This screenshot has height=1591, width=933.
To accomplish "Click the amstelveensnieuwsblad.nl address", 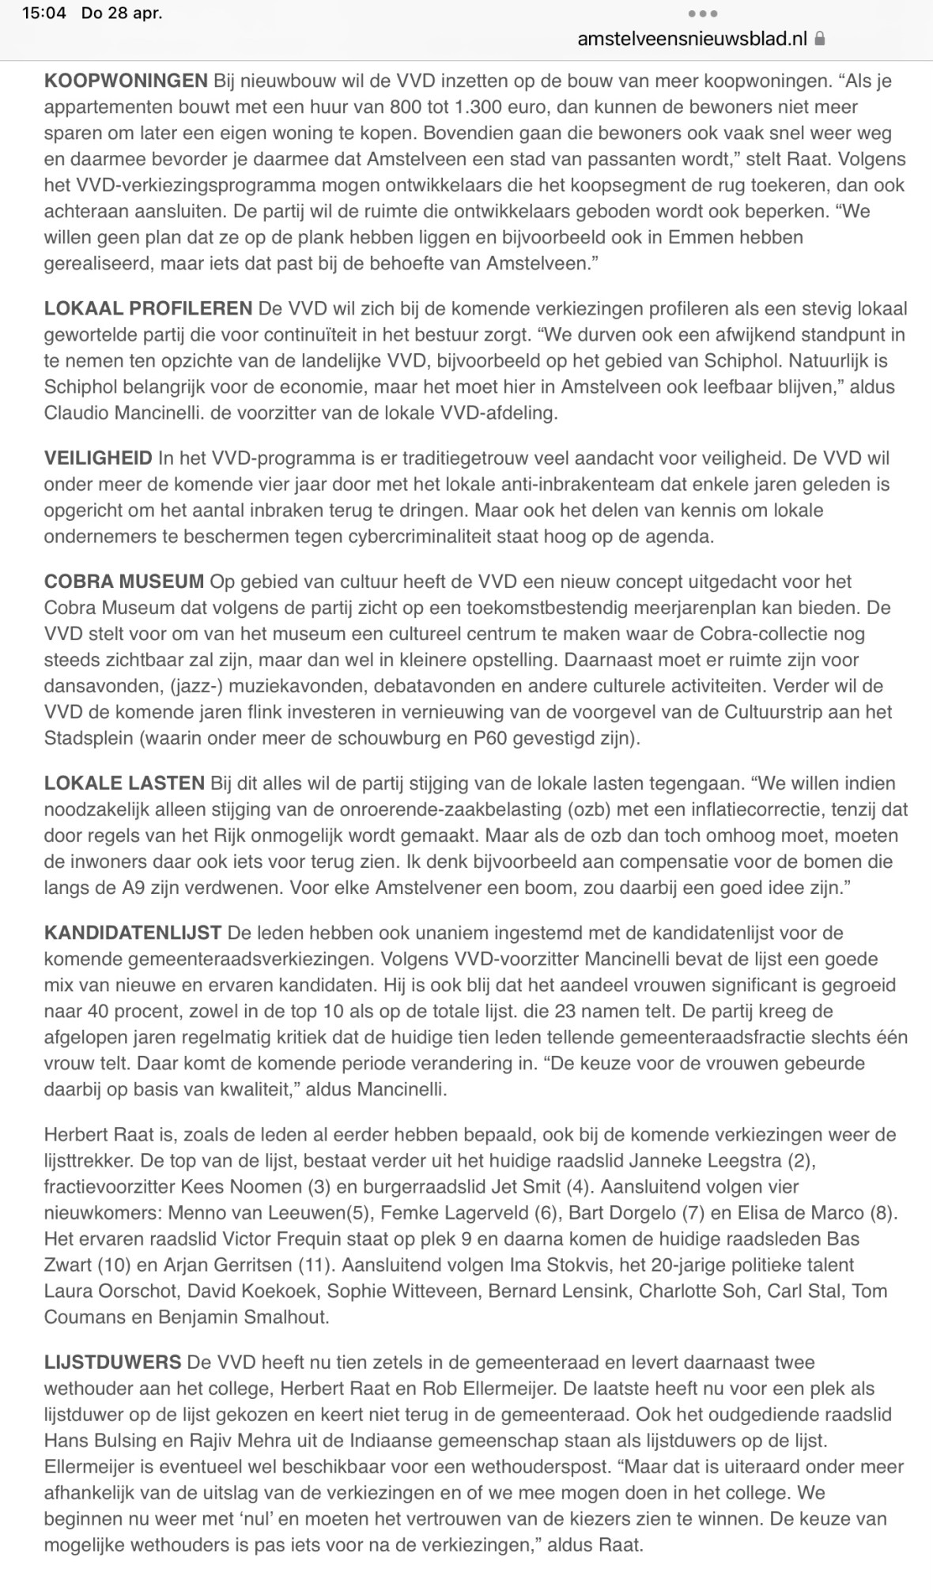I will point(693,38).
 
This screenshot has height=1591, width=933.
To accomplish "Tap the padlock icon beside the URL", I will point(820,38).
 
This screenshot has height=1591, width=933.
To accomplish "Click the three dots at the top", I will point(703,13).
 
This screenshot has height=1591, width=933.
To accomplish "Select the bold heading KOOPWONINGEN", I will point(126,81).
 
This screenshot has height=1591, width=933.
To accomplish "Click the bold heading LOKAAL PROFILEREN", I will point(148,308).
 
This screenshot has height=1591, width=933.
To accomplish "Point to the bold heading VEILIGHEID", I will point(98,458).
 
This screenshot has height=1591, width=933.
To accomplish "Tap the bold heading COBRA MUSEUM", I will point(124,582).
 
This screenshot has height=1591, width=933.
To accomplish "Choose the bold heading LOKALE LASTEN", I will point(124,783).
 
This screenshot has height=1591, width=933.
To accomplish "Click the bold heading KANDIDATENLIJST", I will point(133,933).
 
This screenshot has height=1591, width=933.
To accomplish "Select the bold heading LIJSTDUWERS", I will point(113,1363).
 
